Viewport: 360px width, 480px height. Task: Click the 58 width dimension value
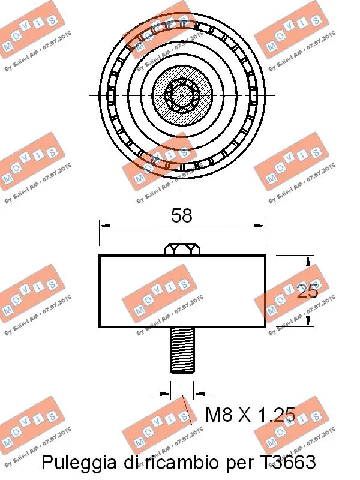pos(182,215)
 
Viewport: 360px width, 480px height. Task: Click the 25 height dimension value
pos(307,292)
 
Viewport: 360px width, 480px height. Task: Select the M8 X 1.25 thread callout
pos(250,415)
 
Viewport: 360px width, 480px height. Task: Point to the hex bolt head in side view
pos(182,248)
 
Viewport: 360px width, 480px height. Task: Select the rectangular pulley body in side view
pos(182,291)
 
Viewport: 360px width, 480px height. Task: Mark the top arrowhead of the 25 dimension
pos(308,260)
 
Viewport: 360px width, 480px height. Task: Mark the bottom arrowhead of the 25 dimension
pos(308,323)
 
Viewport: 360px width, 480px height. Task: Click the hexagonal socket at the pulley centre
pos(181,95)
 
